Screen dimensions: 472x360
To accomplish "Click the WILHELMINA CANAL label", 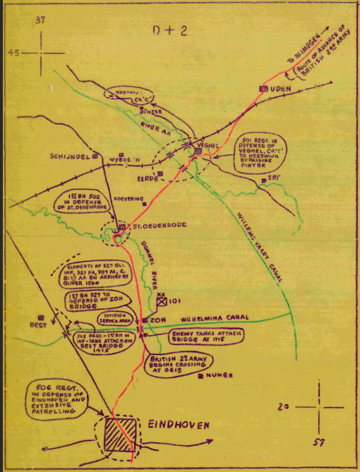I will click(x=219, y=319).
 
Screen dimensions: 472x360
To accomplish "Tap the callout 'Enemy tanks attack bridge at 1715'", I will click(x=204, y=337).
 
